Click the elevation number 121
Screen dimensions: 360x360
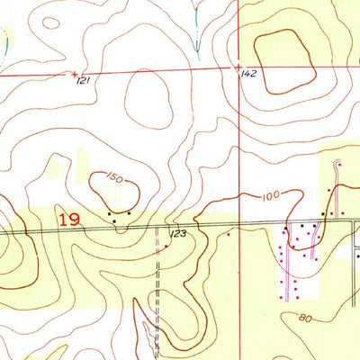pos(84,81)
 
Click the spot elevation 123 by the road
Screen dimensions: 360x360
pos(176,234)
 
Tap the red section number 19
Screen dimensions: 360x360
pos(68,219)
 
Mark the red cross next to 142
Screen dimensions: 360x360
pos(238,67)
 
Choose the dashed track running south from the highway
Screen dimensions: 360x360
pos(157,288)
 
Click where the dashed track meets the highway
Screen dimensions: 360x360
pos(157,227)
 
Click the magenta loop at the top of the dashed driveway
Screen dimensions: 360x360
pos(337,164)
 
